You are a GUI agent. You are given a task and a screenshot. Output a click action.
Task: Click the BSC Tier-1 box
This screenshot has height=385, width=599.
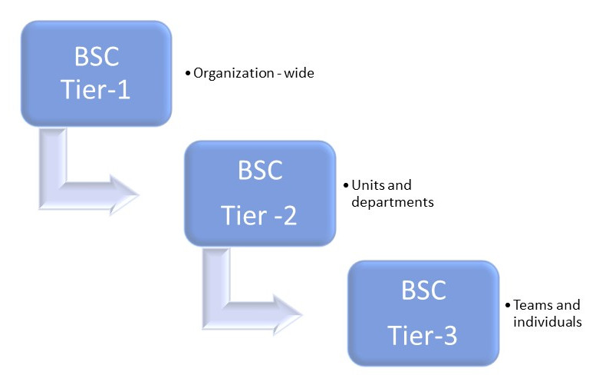click(x=96, y=73)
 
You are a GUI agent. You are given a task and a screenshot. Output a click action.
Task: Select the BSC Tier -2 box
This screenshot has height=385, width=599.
click(x=260, y=193)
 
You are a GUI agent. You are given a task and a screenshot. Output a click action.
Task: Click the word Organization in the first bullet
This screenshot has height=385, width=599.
click(x=230, y=74)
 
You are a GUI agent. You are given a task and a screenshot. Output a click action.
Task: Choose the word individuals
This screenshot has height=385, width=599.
click(x=548, y=322)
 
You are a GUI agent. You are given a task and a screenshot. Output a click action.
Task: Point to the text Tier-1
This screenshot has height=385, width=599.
click(x=96, y=91)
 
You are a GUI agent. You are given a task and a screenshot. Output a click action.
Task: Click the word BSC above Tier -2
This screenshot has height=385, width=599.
click(x=260, y=170)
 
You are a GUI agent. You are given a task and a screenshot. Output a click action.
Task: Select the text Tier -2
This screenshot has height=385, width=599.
click(x=260, y=216)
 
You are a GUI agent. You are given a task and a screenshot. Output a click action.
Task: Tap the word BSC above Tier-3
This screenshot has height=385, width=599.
click(x=423, y=290)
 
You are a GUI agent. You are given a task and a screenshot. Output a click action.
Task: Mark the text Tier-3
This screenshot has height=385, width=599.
click(x=423, y=337)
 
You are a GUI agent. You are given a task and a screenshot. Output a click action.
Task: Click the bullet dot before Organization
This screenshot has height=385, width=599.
click(x=187, y=74)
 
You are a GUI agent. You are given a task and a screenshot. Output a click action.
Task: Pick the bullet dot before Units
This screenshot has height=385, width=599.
click(x=345, y=185)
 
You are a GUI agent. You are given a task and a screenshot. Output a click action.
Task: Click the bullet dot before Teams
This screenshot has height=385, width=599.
click(x=508, y=305)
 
